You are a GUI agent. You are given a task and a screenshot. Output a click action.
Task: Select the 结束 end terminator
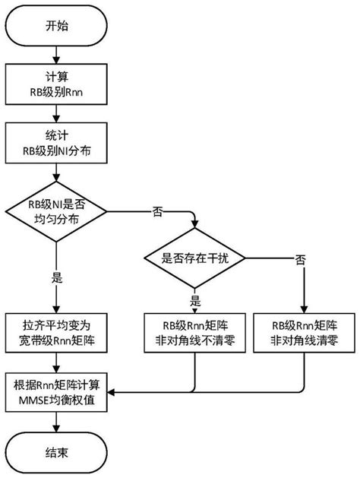pos(54,451)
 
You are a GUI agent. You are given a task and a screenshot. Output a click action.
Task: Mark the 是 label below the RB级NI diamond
pos(55,277)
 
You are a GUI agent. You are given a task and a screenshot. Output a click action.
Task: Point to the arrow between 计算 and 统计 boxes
pos(54,116)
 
